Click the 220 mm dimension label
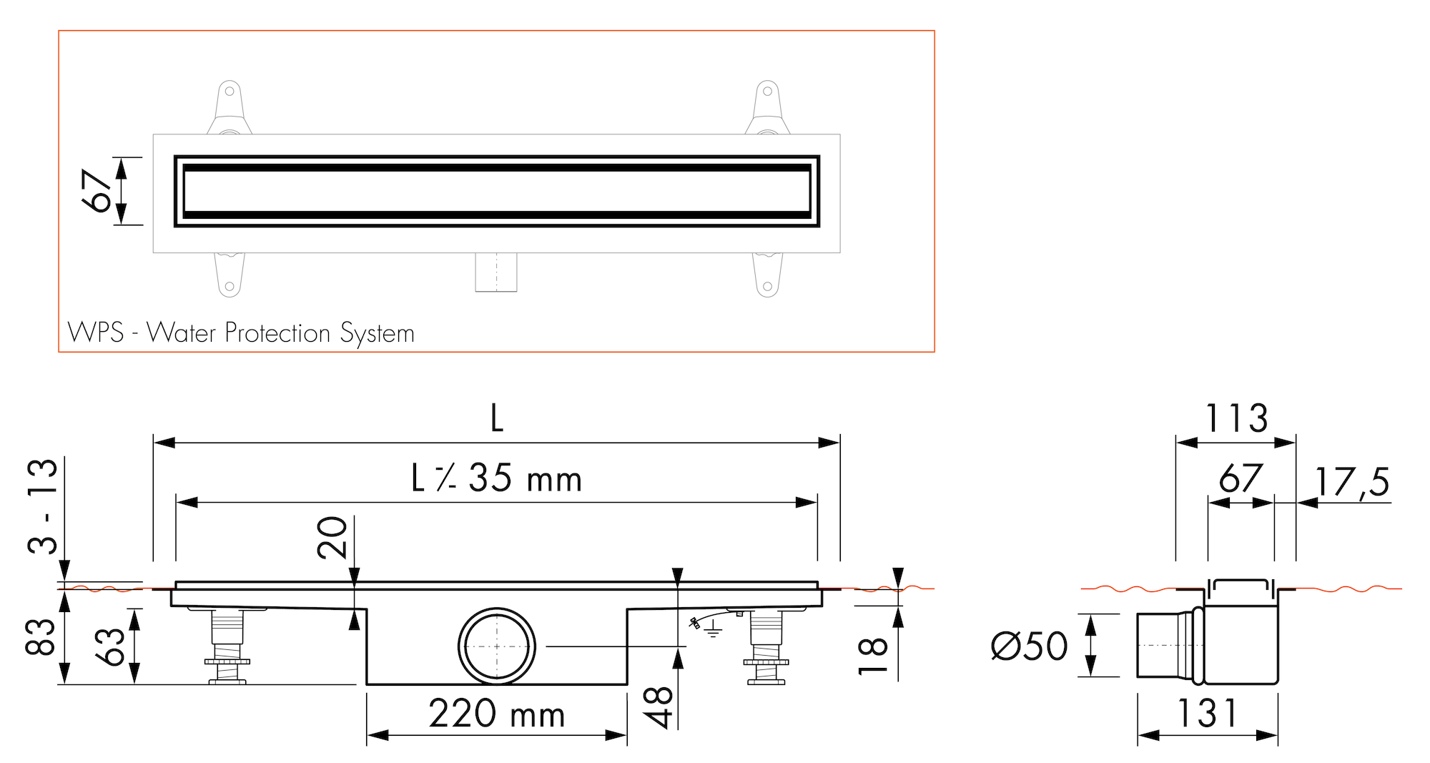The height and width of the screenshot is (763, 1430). click(x=497, y=714)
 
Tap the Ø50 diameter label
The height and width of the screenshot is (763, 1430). click(x=1030, y=646)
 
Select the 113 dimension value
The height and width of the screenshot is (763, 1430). click(x=1236, y=418)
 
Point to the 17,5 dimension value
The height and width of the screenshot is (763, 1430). click(x=1352, y=481)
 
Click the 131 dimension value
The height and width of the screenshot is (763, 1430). click(x=1207, y=714)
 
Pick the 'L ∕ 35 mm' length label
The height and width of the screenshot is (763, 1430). click(x=497, y=478)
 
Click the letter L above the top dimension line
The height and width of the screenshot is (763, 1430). click(x=497, y=418)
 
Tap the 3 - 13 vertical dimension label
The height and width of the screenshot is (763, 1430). click(x=42, y=506)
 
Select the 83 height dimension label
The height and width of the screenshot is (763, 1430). click(x=40, y=637)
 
